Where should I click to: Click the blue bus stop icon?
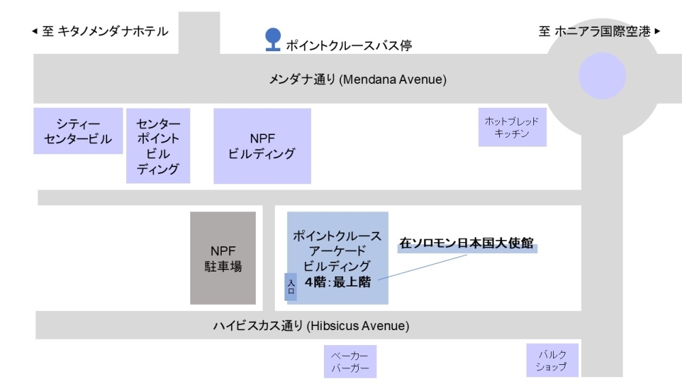[x=273, y=38]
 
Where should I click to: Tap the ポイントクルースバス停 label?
[x=349, y=46]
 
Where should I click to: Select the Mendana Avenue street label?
[x=357, y=80]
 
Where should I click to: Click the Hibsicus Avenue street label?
[x=311, y=326]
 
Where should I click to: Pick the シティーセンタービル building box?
[x=78, y=131]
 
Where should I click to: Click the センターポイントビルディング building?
[x=158, y=146]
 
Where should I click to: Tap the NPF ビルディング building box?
[x=262, y=146]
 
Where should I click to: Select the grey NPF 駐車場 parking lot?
[x=223, y=258]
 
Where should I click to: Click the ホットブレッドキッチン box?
[x=512, y=128]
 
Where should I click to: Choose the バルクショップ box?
[x=552, y=360]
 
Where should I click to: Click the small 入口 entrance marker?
[x=291, y=286]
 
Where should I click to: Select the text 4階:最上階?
[x=338, y=282]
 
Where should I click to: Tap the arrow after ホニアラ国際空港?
[x=657, y=31]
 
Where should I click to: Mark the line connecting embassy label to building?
[x=423, y=267]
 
